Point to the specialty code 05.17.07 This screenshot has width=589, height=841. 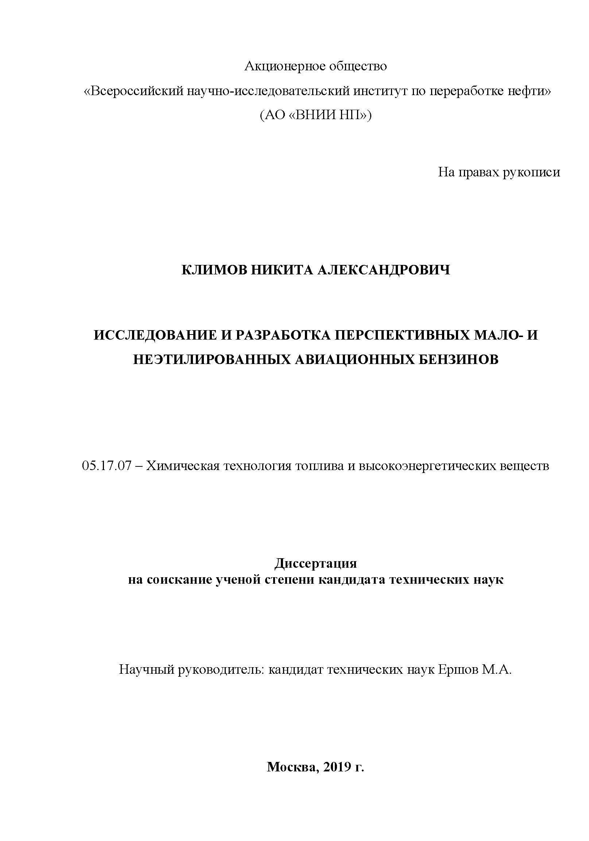pos(106,466)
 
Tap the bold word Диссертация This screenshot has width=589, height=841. pos(315,563)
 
